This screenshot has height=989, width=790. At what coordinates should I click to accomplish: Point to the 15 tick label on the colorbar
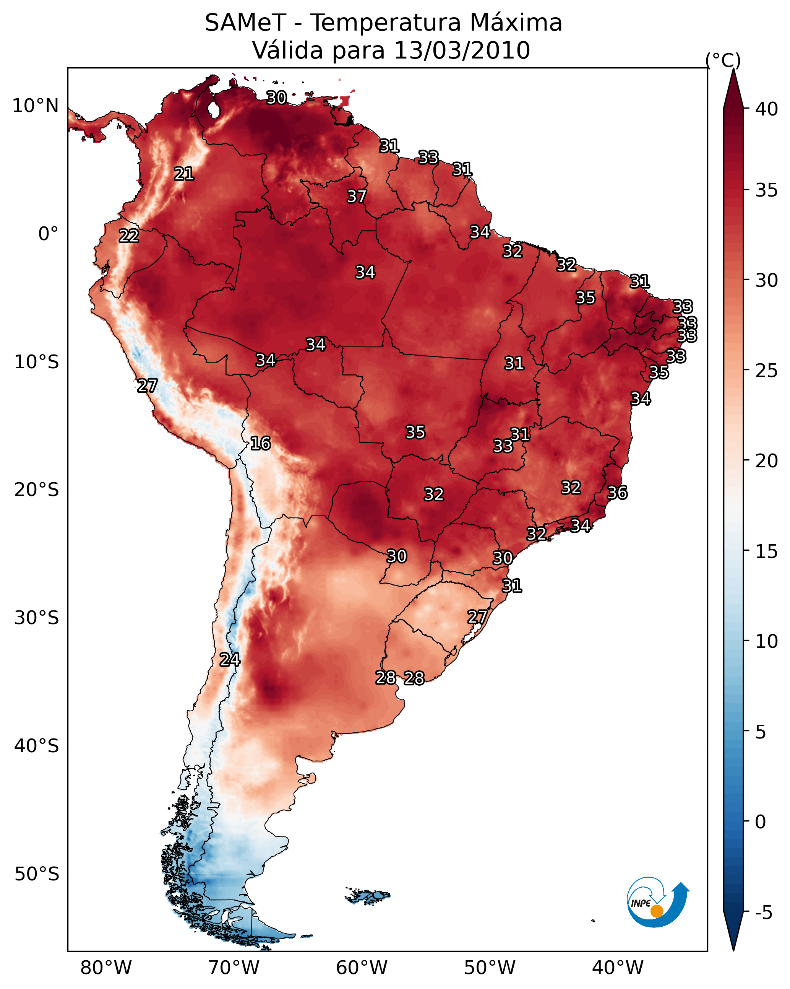tap(767, 551)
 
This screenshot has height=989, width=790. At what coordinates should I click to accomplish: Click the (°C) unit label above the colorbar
tap(723, 60)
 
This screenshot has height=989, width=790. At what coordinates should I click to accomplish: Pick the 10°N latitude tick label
tap(35, 106)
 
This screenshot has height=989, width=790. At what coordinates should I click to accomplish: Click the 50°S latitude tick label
tap(37, 874)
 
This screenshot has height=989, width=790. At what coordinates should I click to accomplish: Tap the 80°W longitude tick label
tap(106, 968)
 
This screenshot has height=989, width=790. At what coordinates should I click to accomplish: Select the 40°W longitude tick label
tap(618, 968)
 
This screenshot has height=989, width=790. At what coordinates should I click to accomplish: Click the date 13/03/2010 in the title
tap(462, 50)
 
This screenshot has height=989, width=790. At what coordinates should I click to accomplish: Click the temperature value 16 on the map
tap(260, 444)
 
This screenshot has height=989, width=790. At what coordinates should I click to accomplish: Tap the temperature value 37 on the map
tap(357, 196)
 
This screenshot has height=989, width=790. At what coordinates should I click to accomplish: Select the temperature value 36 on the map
tap(617, 493)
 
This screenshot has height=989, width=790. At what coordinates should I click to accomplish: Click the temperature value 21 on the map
tap(184, 174)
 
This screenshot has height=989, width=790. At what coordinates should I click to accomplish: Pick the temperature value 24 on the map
tap(230, 660)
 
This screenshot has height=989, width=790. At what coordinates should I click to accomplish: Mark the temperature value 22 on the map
tap(129, 236)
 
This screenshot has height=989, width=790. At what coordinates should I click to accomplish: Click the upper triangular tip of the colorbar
tap(733, 69)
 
